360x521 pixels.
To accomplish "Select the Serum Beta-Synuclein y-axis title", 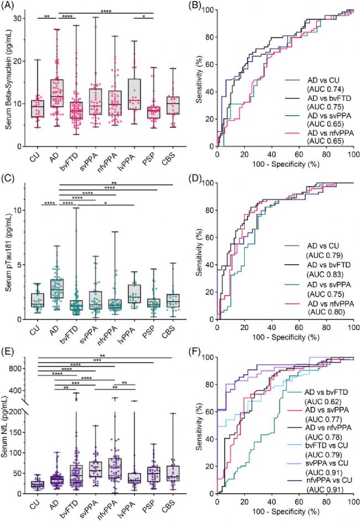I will [9, 78].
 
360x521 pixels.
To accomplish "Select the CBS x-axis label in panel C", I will [170, 333].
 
